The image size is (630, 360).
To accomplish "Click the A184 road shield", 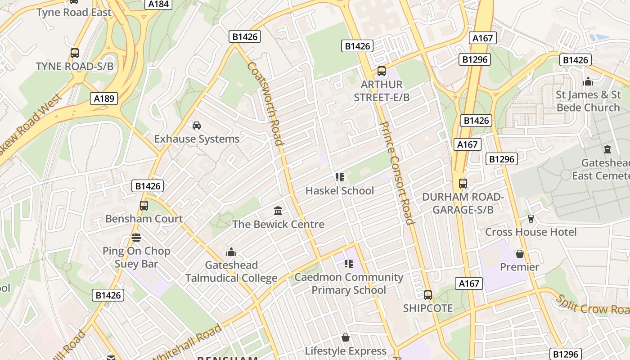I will pyautogui.click(x=158, y=4).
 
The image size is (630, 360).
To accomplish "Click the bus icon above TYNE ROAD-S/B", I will pyautogui.click(x=75, y=53).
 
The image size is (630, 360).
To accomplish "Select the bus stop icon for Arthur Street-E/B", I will pyautogui.click(x=382, y=71).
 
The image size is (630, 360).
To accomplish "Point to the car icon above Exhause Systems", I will pyautogui.click(x=196, y=125).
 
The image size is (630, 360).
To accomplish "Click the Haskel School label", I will pyautogui.click(x=339, y=190).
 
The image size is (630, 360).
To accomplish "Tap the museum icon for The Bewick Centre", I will pyautogui.click(x=278, y=211).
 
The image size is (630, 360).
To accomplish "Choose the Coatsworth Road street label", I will pyautogui.click(x=265, y=103).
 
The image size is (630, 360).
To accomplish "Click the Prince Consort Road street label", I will pyautogui.click(x=396, y=173).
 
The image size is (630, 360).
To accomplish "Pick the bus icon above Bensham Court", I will pyautogui.click(x=144, y=206).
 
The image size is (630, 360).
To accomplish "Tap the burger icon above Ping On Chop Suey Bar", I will pyautogui.click(x=136, y=237).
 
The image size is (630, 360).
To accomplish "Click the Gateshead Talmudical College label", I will pyautogui.click(x=231, y=271).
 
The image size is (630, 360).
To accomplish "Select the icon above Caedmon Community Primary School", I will pyautogui.click(x=348, y=263).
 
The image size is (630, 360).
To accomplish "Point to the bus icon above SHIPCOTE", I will pyautogui.click(x=427, y=295).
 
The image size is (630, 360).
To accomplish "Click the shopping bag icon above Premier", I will pyautogui.click(x=520, y=254).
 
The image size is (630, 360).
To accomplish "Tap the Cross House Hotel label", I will pyautogui.click(x=531, y=232).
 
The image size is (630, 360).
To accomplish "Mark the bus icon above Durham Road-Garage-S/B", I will pyautogui.click(x=463, y=184).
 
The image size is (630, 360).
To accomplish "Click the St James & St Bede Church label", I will pyautogui.click(x=588, y=101).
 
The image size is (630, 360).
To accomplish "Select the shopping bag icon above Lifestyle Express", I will pyautogui.click(x=346, y=337).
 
